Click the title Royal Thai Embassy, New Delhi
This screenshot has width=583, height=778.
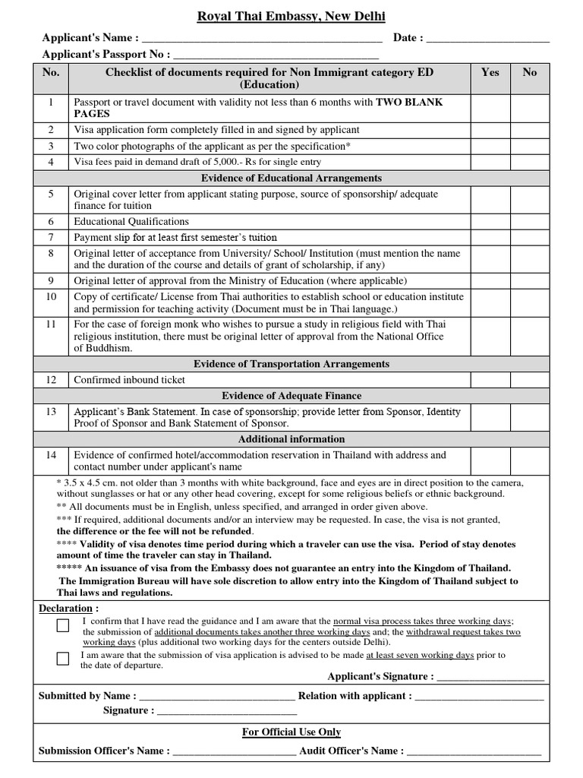(291, 17)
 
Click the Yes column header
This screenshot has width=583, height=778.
(490, 72)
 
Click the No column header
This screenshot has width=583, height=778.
(530, 72)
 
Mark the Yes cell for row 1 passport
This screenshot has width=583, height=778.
(490, 108)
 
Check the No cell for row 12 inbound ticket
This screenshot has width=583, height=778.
(530, 380)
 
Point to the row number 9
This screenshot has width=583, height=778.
(51, 281)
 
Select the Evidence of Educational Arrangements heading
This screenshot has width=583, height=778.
(291, 178)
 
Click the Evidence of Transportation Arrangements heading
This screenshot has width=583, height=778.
(291, 364)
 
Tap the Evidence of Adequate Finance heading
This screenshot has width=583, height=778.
(291, 396)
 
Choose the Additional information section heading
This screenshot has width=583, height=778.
(291, 439)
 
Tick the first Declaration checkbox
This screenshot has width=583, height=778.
(63, 626)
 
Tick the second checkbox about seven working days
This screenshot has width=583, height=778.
(63, 659)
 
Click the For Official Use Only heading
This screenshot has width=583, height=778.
(291, 732)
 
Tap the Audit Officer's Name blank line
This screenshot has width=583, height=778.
(474, 751)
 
